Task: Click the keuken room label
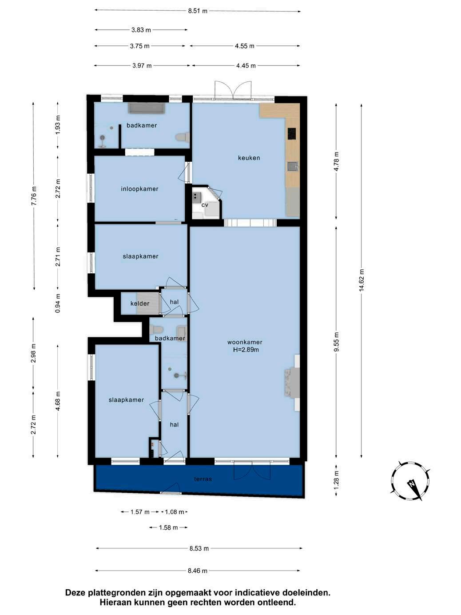(x=249, y=158)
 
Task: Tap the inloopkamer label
(x=139, y=189)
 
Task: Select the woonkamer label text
(x=245, y=342)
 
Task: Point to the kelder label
(x=140, y=304)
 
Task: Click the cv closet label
(x=205, y=205)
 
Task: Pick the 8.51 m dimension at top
(x=198, y=11)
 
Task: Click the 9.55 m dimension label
(x=337, y=342)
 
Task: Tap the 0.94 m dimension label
(x=58, y=304)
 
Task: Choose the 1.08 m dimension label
(x=175, y=512)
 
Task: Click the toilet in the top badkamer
(x=182, y=137)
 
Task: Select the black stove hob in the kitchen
(x=292, y=133)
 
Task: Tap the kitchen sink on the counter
(x=293, y=167)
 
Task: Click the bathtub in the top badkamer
(x=146, y=108)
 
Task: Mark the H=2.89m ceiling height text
(x=246, y=350)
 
